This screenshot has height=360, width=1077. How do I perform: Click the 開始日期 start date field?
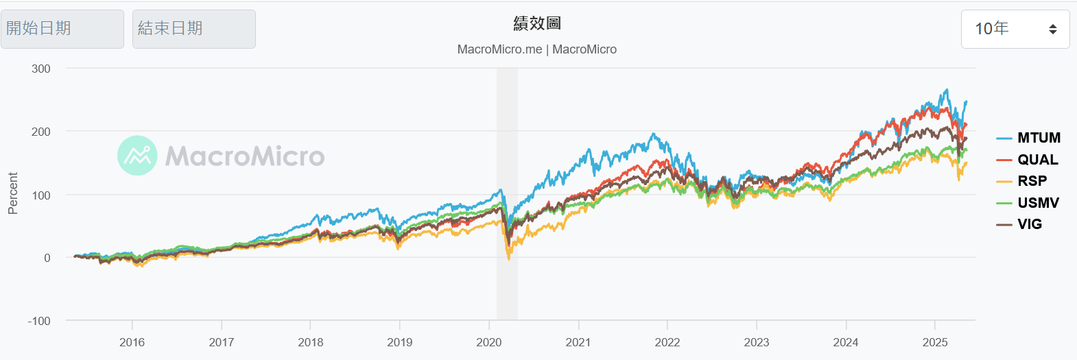[x=62, y=29]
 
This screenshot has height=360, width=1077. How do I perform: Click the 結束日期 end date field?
[x=193, y=29]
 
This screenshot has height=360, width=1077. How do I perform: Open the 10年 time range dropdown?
[x=1015, y=29]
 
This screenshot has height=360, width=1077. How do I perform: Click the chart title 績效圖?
[x=537, y=23]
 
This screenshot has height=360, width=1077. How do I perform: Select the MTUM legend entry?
[x=1028, y=138]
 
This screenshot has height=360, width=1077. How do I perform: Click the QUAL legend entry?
[x=1028, y=160]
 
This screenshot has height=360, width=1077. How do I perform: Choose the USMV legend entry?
[x=1028, y=203]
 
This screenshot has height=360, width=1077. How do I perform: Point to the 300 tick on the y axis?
[x=41, y=69]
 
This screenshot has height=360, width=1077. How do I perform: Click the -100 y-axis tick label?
[x=39, y=321]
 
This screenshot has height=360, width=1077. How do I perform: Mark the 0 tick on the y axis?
[x=47, y=258]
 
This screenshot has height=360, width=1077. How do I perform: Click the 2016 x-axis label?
[x=132, y=342]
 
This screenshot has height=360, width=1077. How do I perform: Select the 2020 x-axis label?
[x=489, y=342]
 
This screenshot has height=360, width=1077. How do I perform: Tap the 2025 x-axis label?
[x=935, y=342]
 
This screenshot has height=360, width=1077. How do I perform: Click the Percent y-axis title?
[x=13, y=193]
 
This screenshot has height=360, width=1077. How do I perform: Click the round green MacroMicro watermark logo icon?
[x=137, y=155]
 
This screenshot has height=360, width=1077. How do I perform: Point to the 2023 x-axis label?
[x=757, y=342]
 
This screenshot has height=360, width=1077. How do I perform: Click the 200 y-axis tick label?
[x=41, y=132]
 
